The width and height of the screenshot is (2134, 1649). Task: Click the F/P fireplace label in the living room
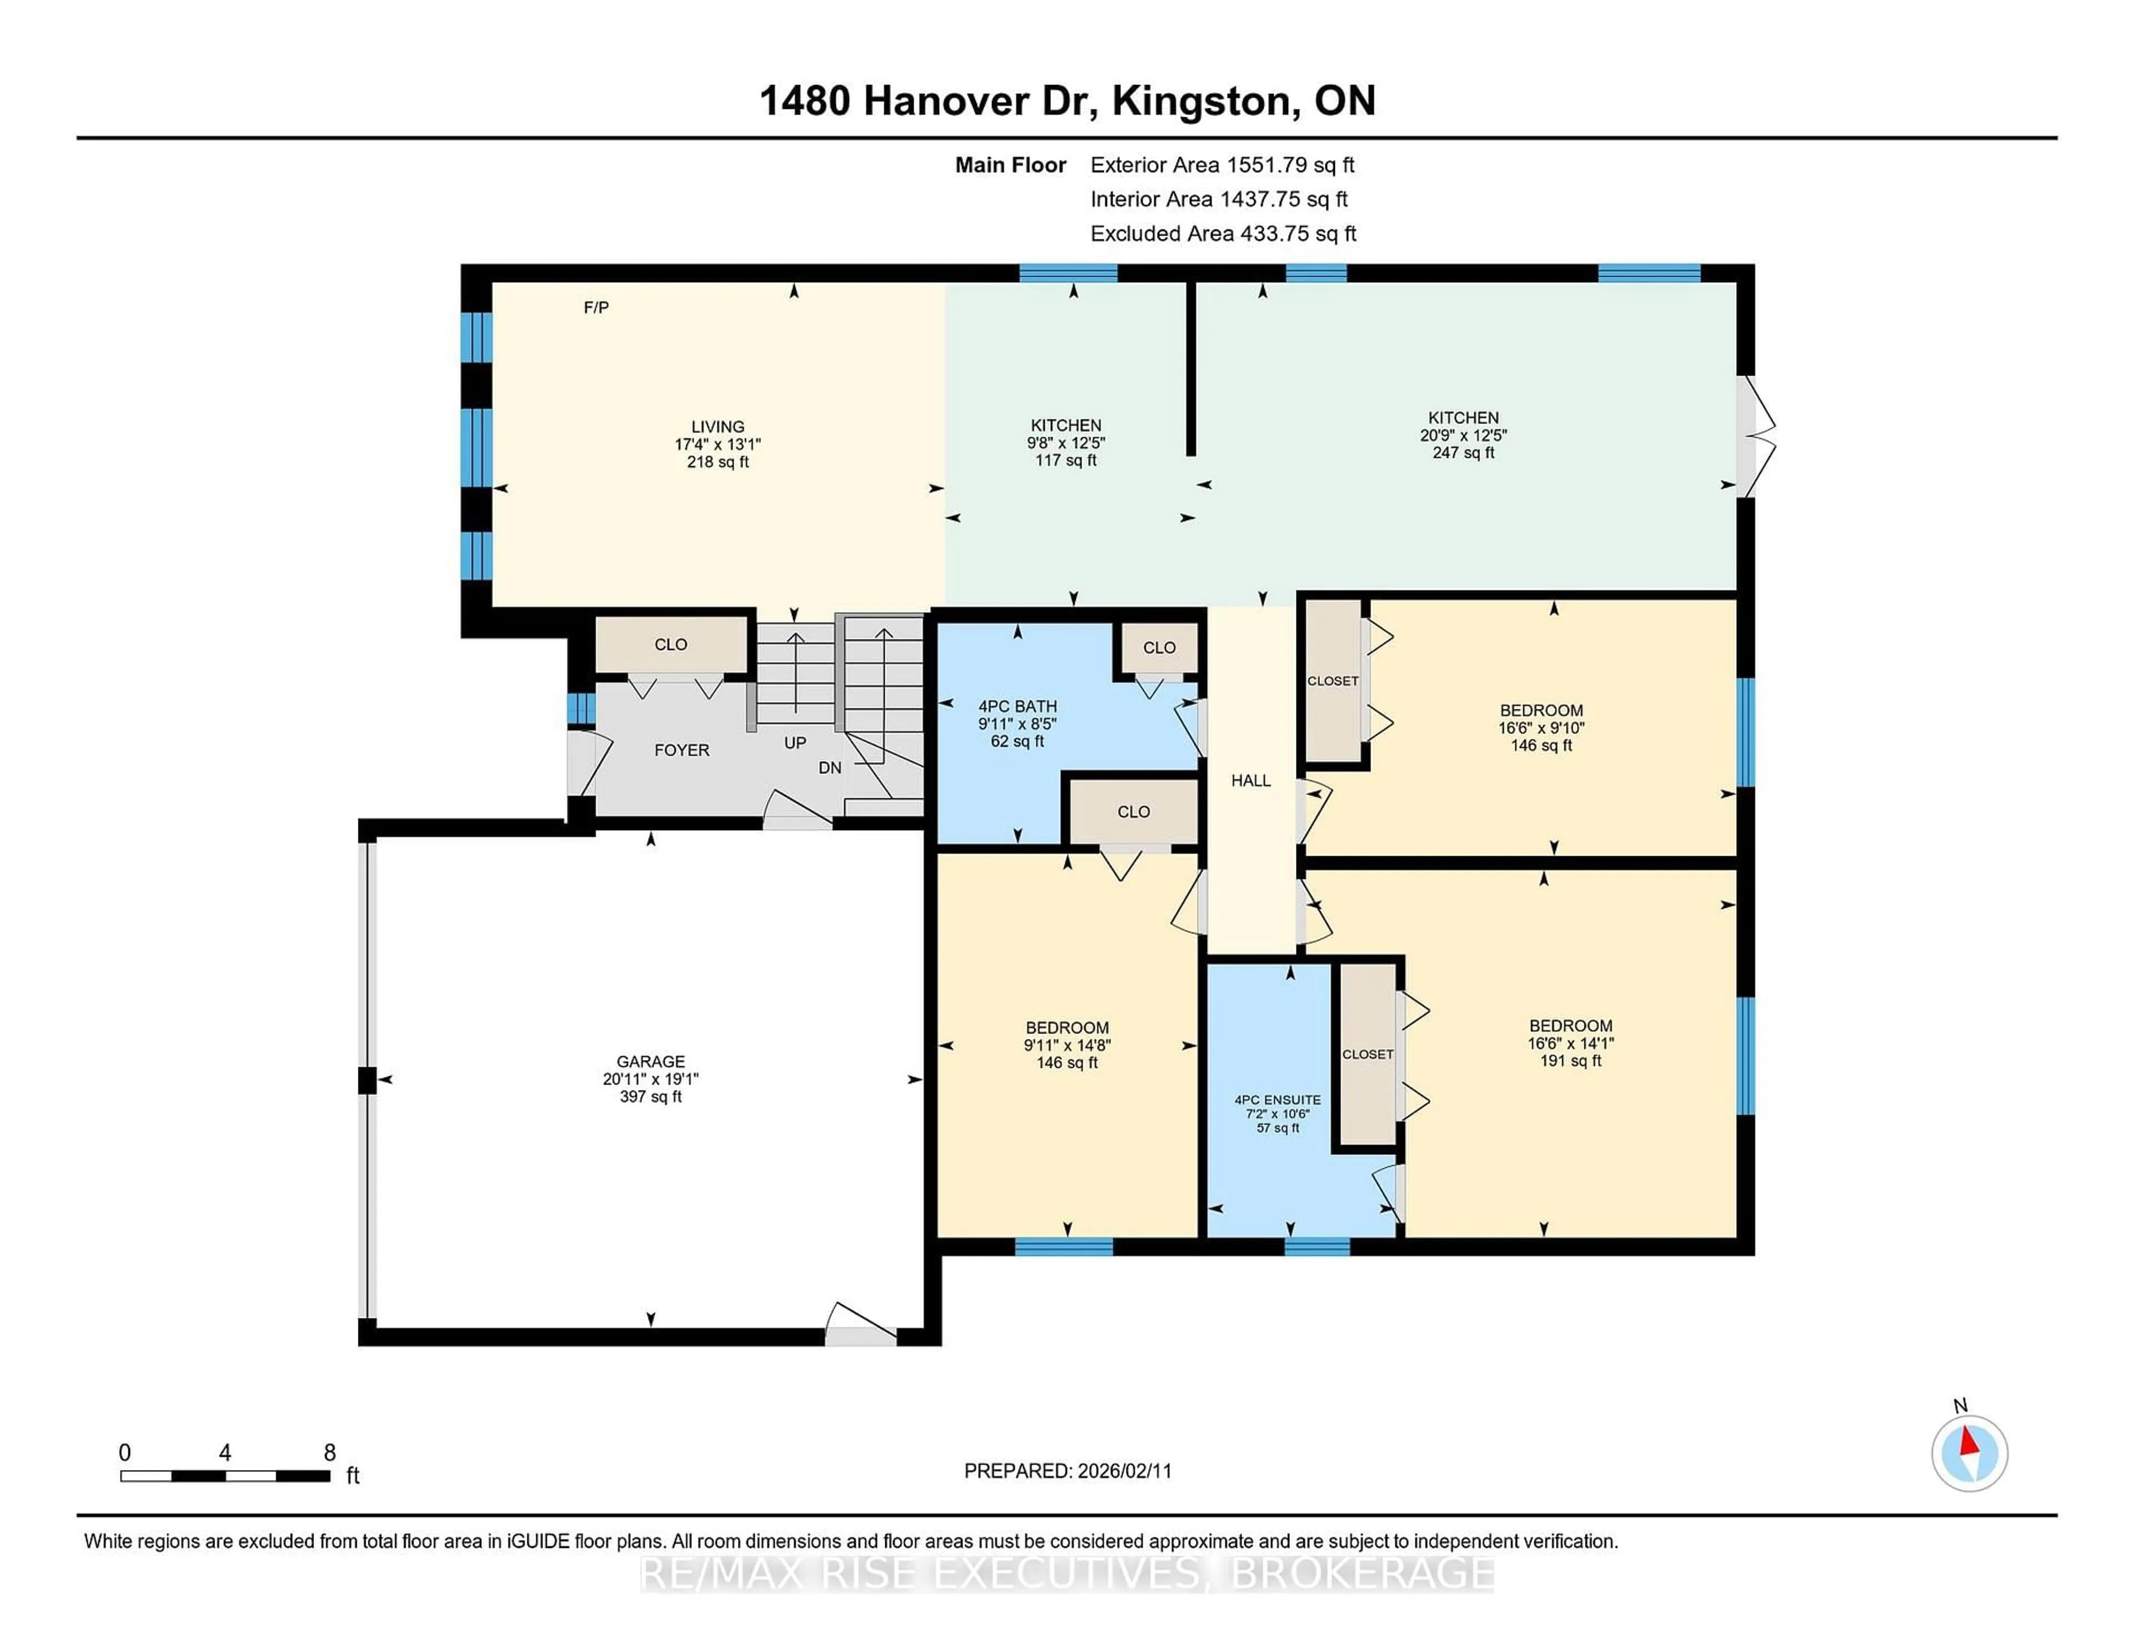[x=596, y=308]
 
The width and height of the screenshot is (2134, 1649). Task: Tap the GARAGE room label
[x=651, y=1062]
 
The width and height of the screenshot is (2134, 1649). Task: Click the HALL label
[x=1251, y=781]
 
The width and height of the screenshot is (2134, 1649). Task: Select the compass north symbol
[x=1969, y=1453]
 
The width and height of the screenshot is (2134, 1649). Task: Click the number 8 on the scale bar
[x=330, y=1453]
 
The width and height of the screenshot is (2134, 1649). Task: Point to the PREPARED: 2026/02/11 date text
[x=1067, y=1471]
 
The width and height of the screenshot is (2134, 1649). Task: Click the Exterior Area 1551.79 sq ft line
[x=1223, y=165]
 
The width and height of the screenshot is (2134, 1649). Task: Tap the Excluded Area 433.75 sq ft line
[x=1223, y=233]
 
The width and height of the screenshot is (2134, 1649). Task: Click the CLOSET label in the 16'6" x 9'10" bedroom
[x=1333, y=681]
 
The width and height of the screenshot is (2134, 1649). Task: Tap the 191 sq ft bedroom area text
[x=1570, y=1061]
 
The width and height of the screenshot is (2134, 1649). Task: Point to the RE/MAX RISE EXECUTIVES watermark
[x=1067, y=1574]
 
